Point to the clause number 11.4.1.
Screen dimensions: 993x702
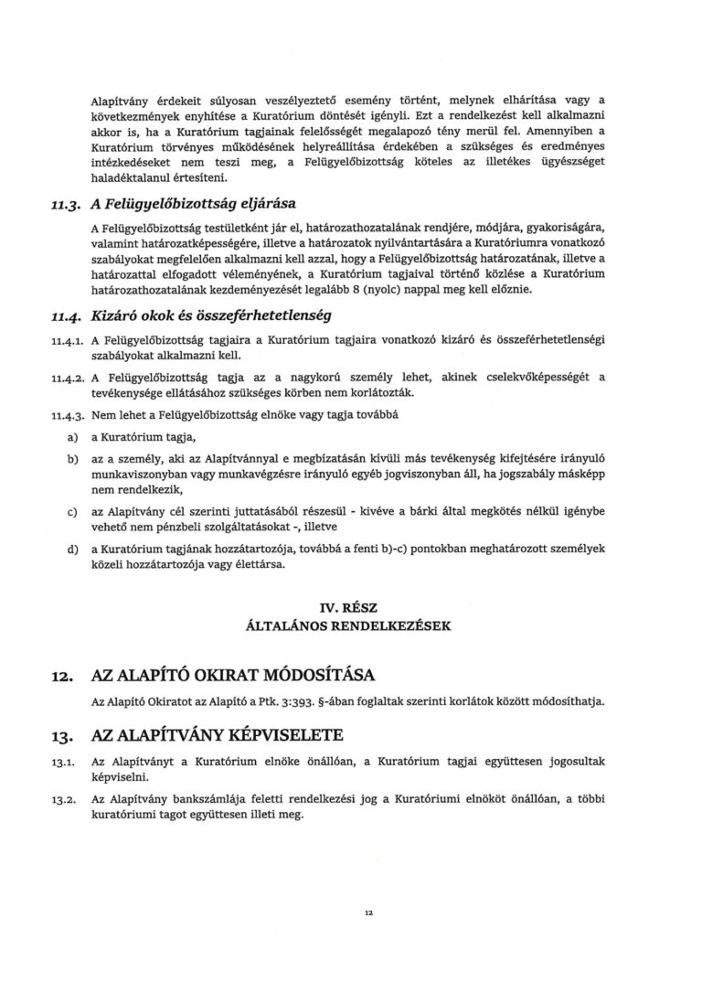pos(67,340)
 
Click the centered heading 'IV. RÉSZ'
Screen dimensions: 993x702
pos(350,607)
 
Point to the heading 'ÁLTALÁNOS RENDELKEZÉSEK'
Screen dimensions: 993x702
pos(350,627)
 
